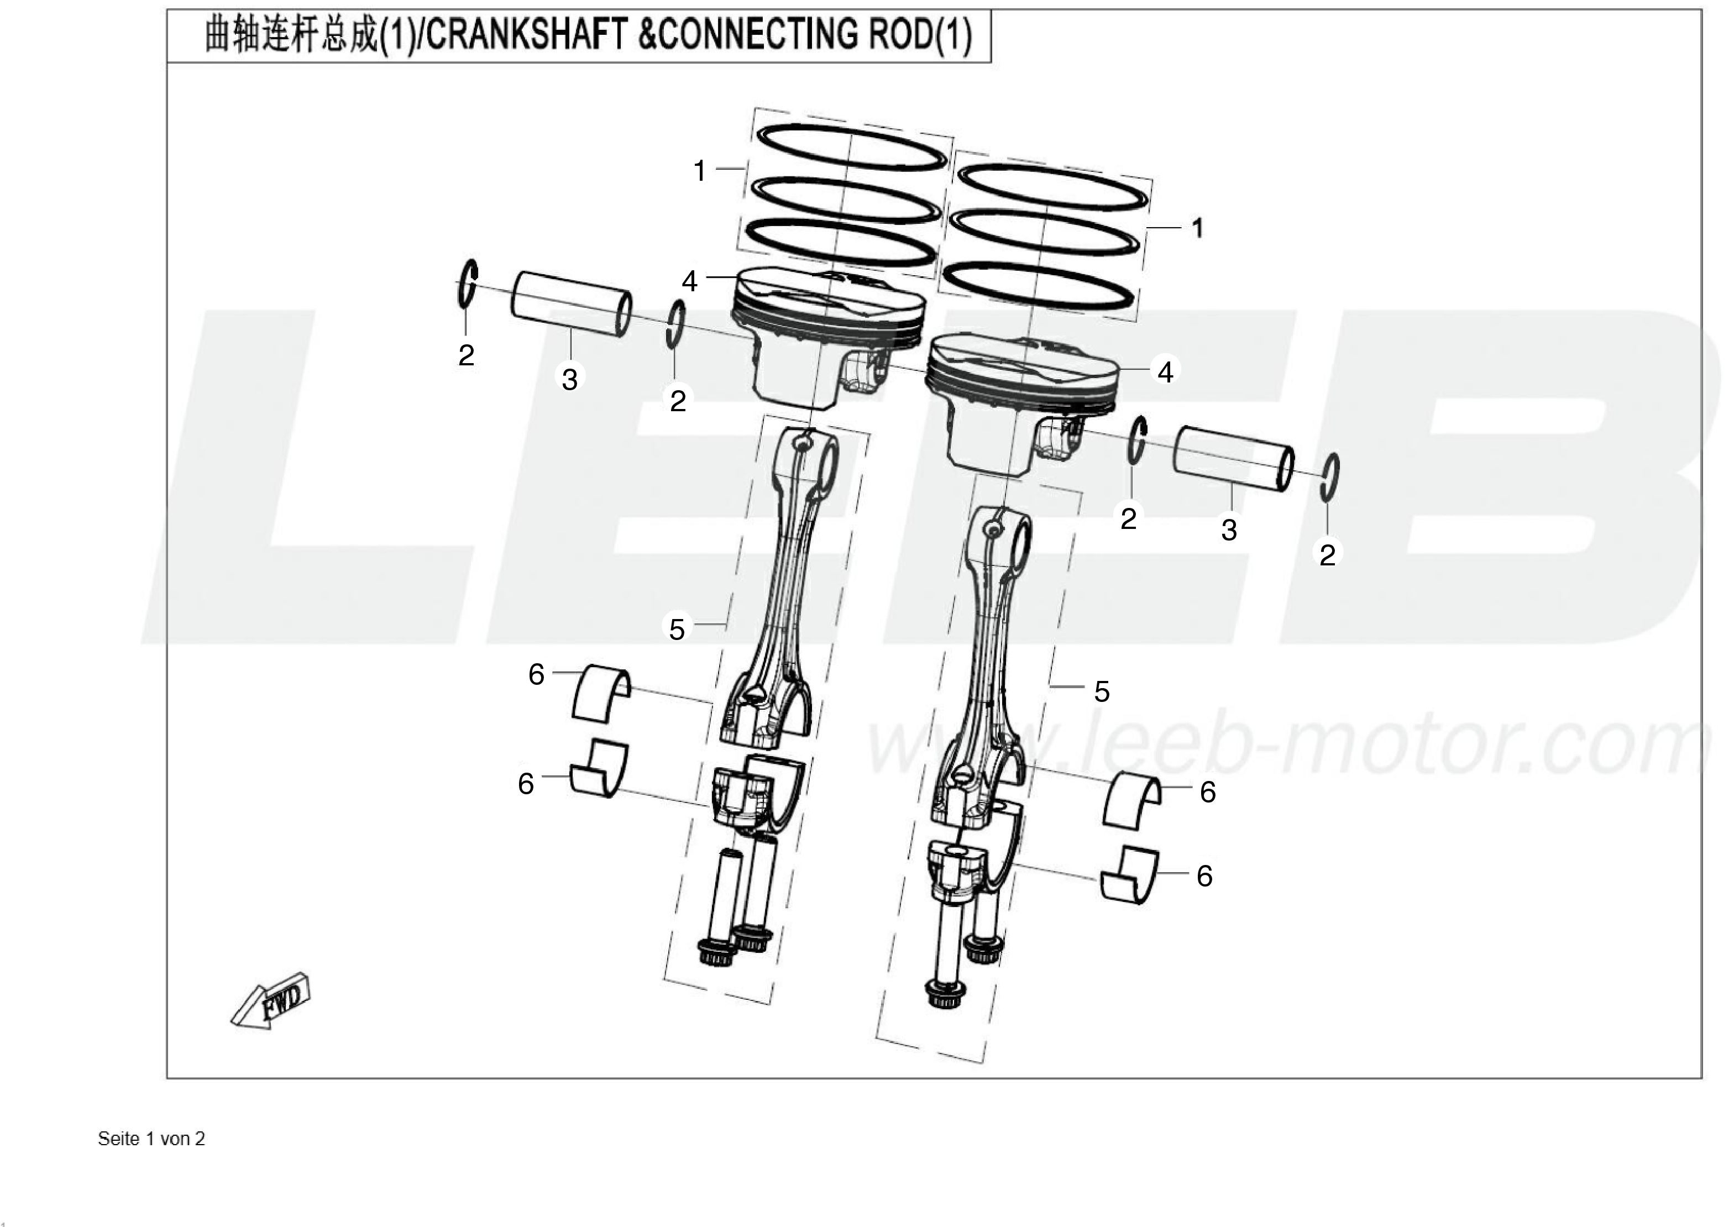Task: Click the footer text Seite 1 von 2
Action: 151,1139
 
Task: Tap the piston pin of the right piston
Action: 1233,459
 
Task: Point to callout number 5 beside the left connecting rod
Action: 677,628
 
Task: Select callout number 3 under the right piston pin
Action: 1229,529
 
